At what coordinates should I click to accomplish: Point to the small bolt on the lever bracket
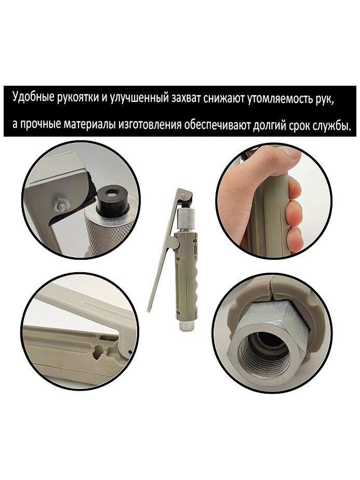pyautogui.click(x=62, y=207)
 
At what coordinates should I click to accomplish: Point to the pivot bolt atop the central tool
pyautogui.click(x=183, y=195)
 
